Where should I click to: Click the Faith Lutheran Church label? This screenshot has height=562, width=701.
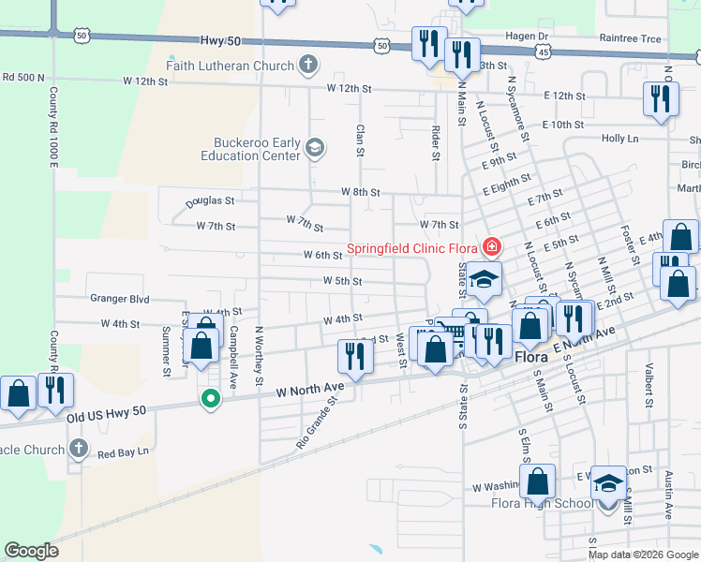tap(230, 66)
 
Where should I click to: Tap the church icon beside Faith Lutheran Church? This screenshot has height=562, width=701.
tap(308, 66)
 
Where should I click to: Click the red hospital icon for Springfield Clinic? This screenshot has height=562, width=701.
tap(490, 248)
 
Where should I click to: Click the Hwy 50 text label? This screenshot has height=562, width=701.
tap(221, 42)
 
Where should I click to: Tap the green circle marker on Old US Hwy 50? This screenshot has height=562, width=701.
tap(211, 399)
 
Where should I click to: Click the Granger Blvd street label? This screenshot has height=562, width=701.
tap(120, 299)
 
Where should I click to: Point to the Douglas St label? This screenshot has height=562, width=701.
tap(209, 200)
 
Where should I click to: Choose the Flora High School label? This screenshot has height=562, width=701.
tap(542, 504)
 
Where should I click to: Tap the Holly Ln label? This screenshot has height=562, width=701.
tap(619, 139)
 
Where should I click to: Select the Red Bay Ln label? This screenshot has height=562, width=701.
tap(123, 452)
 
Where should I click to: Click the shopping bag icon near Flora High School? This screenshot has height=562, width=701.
tap(538, 481)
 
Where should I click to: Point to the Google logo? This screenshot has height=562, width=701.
tap(32, 550)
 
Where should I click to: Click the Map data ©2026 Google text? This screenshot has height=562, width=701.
tap(643, 555)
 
